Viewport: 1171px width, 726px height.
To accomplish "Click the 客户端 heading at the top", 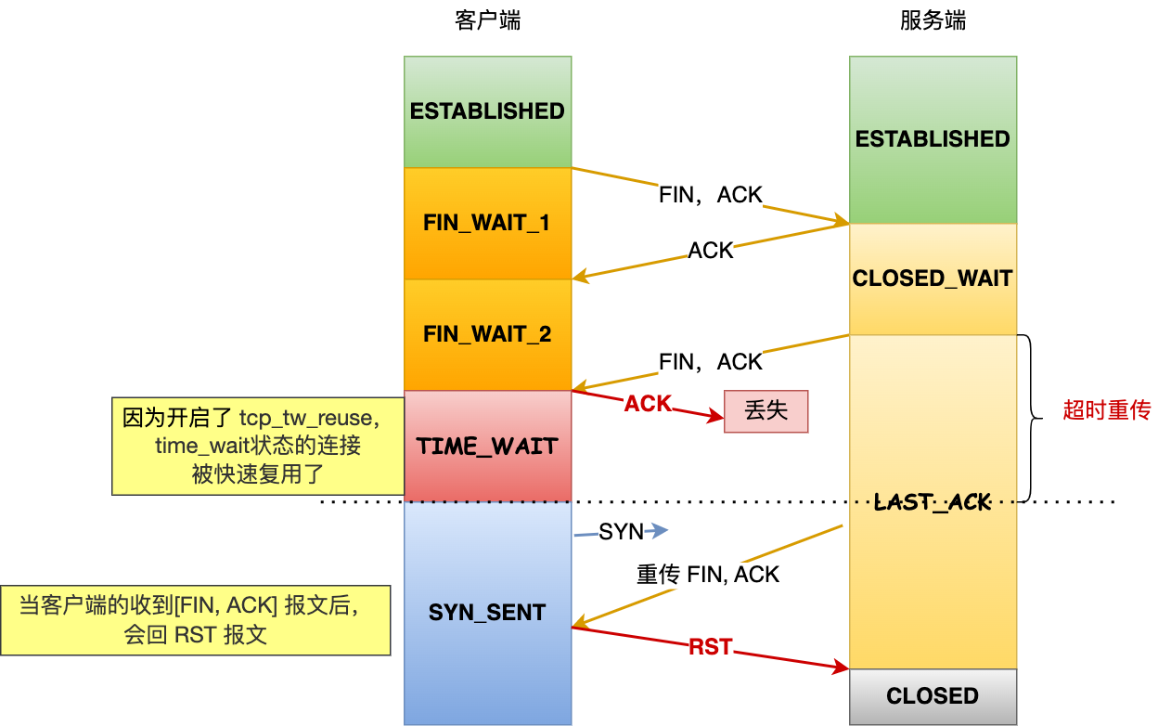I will tap(487, 21).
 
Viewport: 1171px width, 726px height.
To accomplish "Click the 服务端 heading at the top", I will tap(933, 21).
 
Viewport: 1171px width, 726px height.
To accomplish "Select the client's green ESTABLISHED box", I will tap(487, 111).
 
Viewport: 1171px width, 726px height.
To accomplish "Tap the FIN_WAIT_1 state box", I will tap(487, 223).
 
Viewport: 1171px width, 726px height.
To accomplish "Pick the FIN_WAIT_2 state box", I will tap(487, 334).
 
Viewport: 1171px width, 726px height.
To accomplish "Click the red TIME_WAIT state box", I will tap(487, 446).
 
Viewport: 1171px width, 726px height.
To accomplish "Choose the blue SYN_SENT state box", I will tap(487, 613).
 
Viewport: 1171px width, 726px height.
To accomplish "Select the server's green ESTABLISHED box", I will tap(933, 139).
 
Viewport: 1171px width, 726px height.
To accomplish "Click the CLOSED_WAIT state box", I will tap(933, 279).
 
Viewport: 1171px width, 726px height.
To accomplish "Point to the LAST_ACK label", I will tap(933, 502).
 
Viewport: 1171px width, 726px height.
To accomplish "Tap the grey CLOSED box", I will tap(933, 696).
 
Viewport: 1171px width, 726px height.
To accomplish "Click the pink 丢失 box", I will tap(766, 410).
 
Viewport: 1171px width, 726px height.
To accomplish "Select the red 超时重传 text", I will tap(1106, 410).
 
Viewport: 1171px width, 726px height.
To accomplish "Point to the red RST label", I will tap(710, 647).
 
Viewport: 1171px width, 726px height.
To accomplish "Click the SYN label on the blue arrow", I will tap(621, 532).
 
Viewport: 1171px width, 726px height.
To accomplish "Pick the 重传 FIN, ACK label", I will tap(708, 575).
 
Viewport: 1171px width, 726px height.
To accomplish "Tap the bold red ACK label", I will tap(647, 404).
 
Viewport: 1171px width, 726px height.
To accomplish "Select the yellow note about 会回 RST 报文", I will tap(195, 621).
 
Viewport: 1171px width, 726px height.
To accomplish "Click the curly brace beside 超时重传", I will tap(1032, 418).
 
